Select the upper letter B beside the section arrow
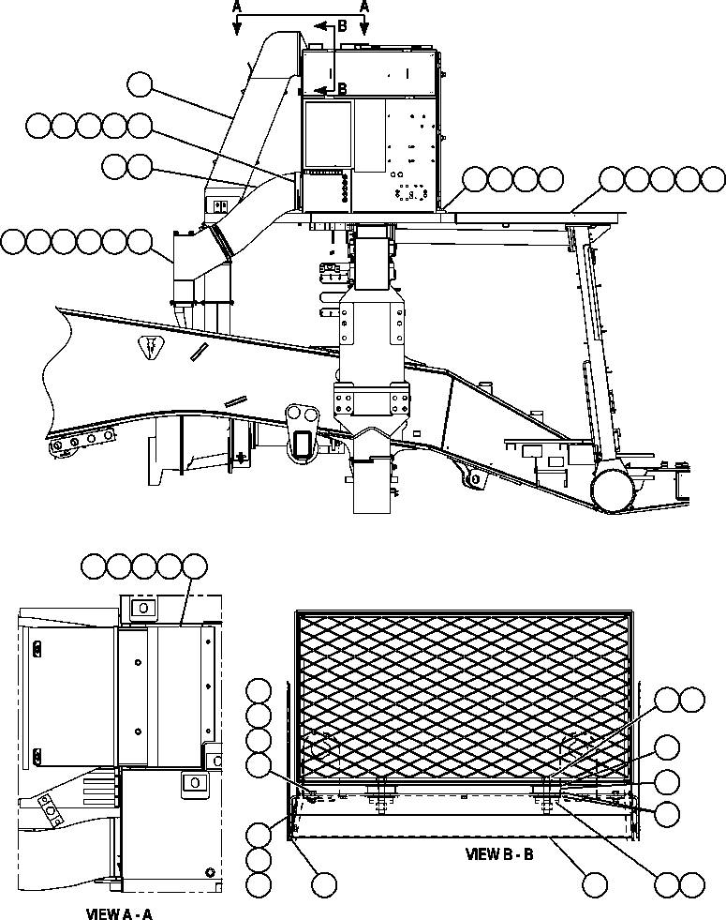tap(343, 26)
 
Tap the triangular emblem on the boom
tap(151, 347)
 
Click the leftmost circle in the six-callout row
tap(15, 241)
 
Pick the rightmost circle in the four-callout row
tap(550, 178)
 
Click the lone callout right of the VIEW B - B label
tap(593, 883)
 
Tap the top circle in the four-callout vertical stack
tap(259, 692)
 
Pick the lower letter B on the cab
tap(343, 89)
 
